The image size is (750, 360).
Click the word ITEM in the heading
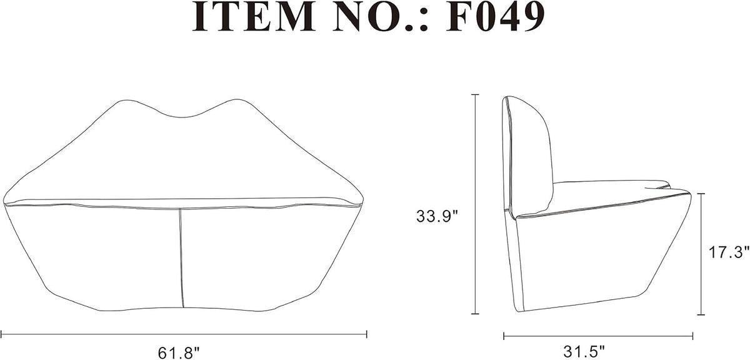pos(254,17)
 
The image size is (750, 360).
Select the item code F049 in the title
pos(495,17)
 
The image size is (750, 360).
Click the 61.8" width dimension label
pos(179,352)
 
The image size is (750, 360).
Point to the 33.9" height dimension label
pos(436,216)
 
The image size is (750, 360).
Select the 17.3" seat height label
pos(728,252)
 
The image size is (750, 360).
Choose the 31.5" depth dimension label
pos(584,352)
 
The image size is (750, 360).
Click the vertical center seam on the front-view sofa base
pos(181,258)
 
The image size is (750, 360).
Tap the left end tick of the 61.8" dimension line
pos(2,334)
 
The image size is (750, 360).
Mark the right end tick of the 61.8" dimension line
pos(367,334)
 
